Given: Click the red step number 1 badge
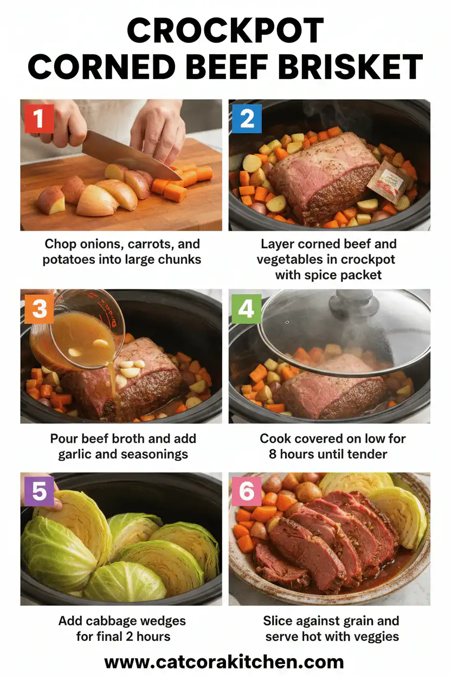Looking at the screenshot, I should [38, 118].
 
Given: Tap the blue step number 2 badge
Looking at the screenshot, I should [247, 118].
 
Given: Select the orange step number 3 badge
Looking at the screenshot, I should [38, 308].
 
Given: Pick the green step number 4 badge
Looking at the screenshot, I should [247, 308].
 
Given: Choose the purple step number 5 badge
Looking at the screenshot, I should [38, 491].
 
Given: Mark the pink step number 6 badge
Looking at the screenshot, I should [247, 491].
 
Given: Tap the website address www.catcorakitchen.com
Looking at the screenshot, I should [224, 661].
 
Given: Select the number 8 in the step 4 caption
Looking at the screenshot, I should [273, 453].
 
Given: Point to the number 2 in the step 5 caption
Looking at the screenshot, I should [131, 636].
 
